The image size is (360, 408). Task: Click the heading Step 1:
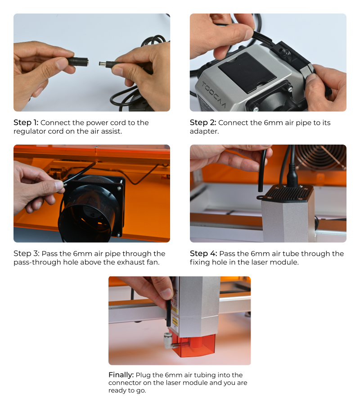tap(26, 122)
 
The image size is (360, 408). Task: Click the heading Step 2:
tap(203, 122)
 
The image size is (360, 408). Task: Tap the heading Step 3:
tap(27, 254)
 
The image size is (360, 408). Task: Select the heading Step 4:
tap(203, 254)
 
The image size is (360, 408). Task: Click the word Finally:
tap(121, 375)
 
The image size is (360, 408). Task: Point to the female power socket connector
tap(78, 62)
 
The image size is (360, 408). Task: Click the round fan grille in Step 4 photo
tap(321, 156)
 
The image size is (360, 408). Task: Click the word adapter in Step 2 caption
tap(203, 131)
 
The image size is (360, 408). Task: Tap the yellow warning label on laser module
tap(175, 310)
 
